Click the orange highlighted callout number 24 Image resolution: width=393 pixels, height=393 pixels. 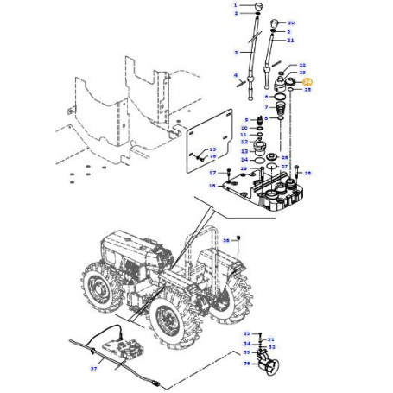pyautogui.click(x=309, y=80)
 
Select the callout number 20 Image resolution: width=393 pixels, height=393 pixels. pyautogui.click(x=291, y=22)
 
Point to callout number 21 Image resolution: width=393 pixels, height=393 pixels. pyautogui.click(x=291, y=41)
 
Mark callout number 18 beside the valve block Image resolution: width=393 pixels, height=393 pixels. pyautogui.click(x=212, y=186)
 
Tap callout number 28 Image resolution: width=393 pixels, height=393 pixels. pyautogui.click(x=308, y=173)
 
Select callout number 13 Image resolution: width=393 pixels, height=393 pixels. pyautogui.click(x=244, y=150)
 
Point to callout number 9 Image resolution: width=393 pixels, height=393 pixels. pyautogui.click(x=245, y=119)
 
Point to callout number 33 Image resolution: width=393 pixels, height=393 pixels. pyautogui.click(x=246, y=333)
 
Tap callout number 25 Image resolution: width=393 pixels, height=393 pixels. pyautogui.click(x=308, y=89)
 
